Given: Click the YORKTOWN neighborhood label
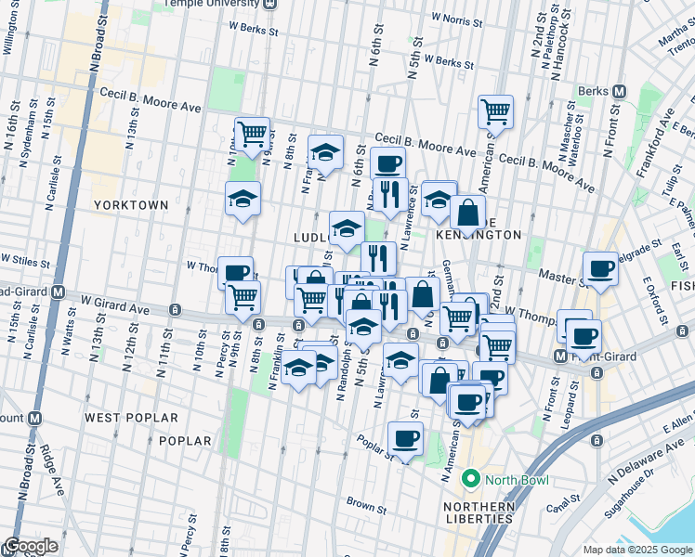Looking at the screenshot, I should coord(130,204).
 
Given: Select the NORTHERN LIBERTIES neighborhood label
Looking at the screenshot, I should coord(478,512).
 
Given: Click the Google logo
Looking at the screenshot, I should coord(31,546).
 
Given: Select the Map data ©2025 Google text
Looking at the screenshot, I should coord(636,550).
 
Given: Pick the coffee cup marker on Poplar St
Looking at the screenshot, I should coord(404,438).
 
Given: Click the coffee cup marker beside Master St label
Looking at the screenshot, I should coord(600,270).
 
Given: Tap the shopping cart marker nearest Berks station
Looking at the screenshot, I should coord(496,111).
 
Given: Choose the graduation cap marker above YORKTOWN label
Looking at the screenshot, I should coord(243,199).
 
